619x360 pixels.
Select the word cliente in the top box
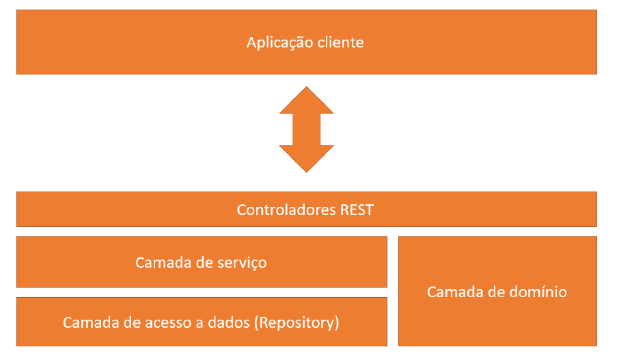[340, 42]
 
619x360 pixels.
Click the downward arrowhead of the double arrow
[307, 158]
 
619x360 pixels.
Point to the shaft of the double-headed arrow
[307, 129]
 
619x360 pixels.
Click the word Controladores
[286, 210]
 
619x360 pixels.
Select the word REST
[357, 210]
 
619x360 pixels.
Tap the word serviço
[242, 262]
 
